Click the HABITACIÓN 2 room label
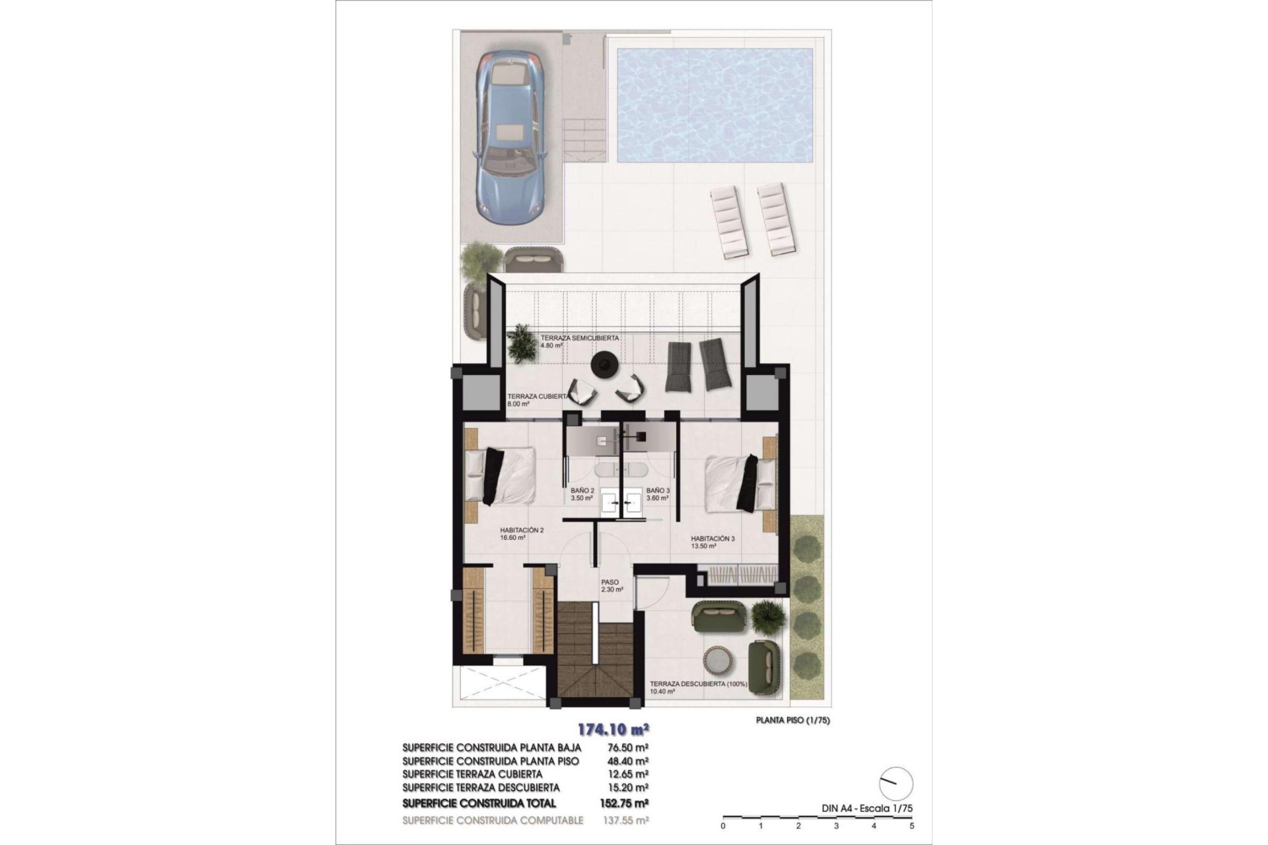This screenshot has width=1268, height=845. click(x=522, y=533)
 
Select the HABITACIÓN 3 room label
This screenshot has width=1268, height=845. click(x=713, y=542)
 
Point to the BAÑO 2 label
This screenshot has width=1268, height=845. click(x=582, y=494)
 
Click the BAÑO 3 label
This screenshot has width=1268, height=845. click(x=658, y=494)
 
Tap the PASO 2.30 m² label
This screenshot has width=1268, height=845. click(x=612, y=586)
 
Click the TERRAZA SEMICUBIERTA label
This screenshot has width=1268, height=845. click(x=579, y=341)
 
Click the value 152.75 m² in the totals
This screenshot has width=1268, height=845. click(x=627, y=803)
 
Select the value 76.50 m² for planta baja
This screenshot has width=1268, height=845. click(x=627, y=747)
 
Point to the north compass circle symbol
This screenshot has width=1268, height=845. click(x=896, y=784)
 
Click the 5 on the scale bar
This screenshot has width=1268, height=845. click(x=911, y=825)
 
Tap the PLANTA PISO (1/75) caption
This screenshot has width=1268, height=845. click(x=792, y=720)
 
